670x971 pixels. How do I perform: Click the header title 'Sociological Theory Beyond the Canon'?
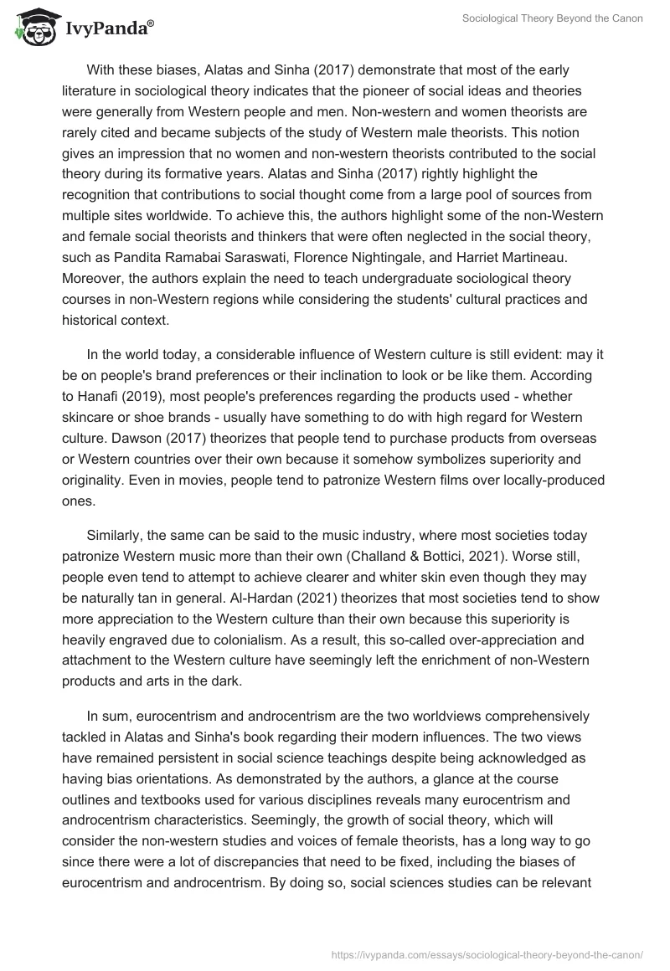coord(552,18)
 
